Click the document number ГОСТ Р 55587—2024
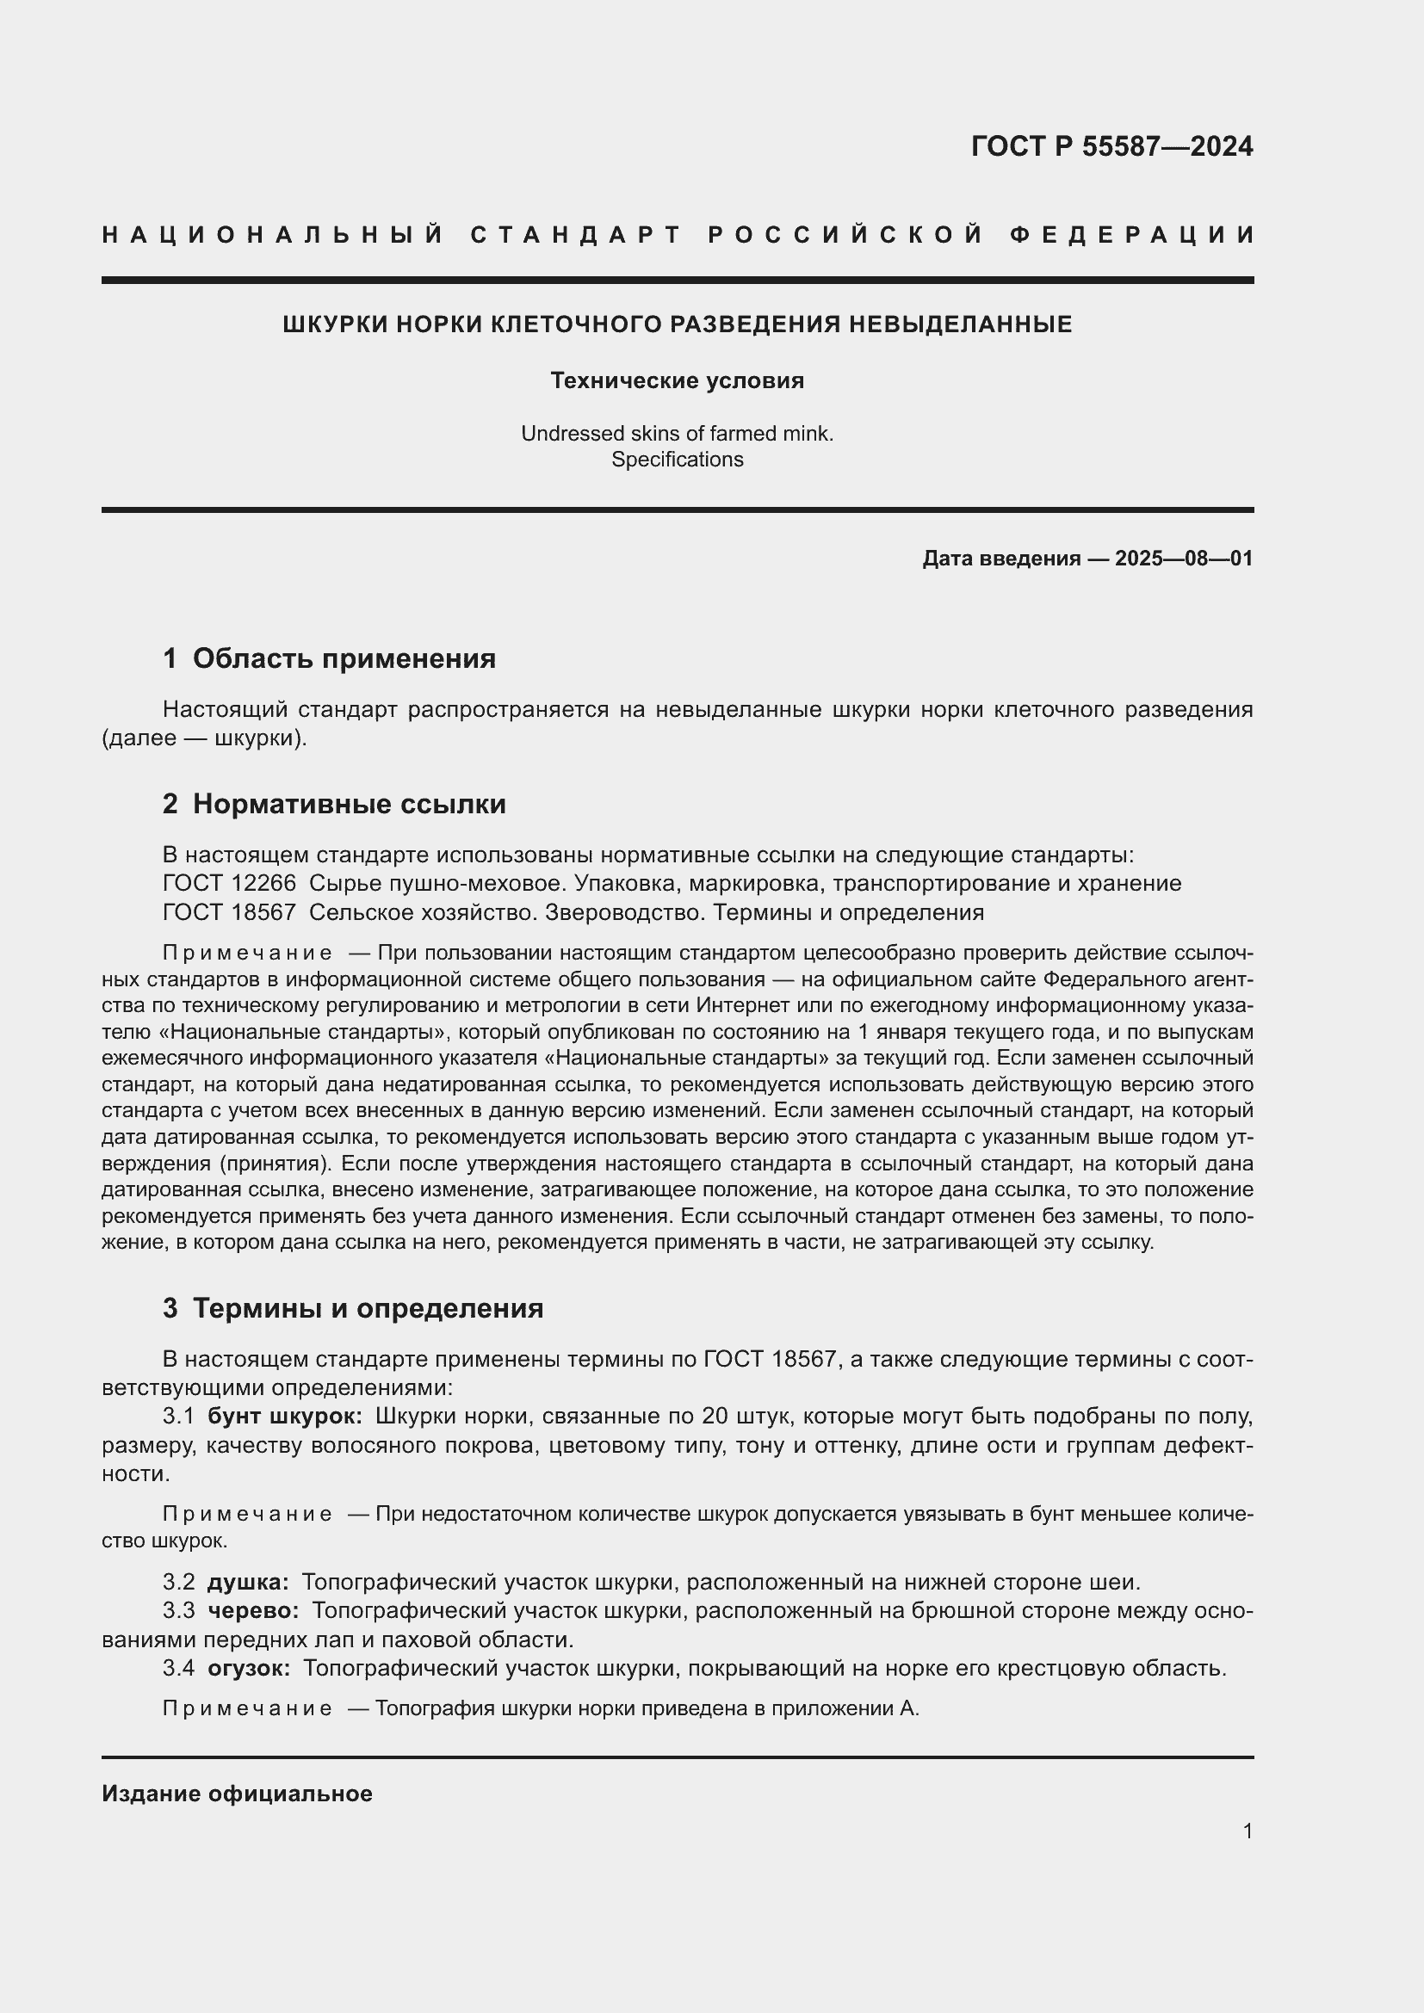pyautogui.click(x=1111, y=146)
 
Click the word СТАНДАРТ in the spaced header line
pyautogui.click(x=576, y=235)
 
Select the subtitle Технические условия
pyautogui.click(x=677, y=380)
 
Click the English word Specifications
pyautogui.click(x=677, y=460)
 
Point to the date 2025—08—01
pyautogui.click(x=1183, y=559)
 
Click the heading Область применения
pyautogui.click(x=344, y=658)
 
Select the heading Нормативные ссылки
pyautogui.click(x=349, y=804)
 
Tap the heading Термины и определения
pyautogui.click(x=368, y=1308)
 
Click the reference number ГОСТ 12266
pyautogui.click(x=230, y=883)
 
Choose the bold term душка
pyautogui.click(x=247, y=1583)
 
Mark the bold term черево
pyautogui.click(x=252, y=1610)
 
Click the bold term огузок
pyautogui.click(x=248, y=1668)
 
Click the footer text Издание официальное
pyautogui.click(x=237, y=1794)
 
